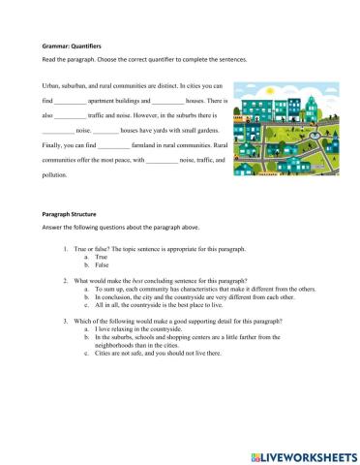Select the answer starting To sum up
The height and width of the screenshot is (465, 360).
point(194,288)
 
